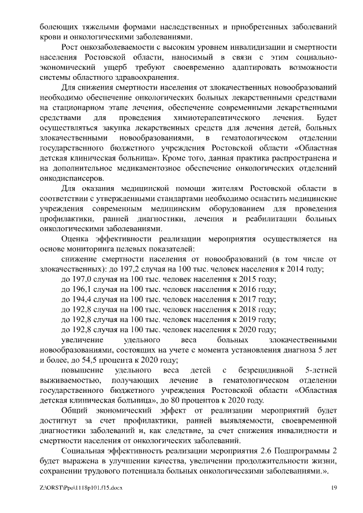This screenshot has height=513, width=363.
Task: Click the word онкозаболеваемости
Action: click(110, 48)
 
